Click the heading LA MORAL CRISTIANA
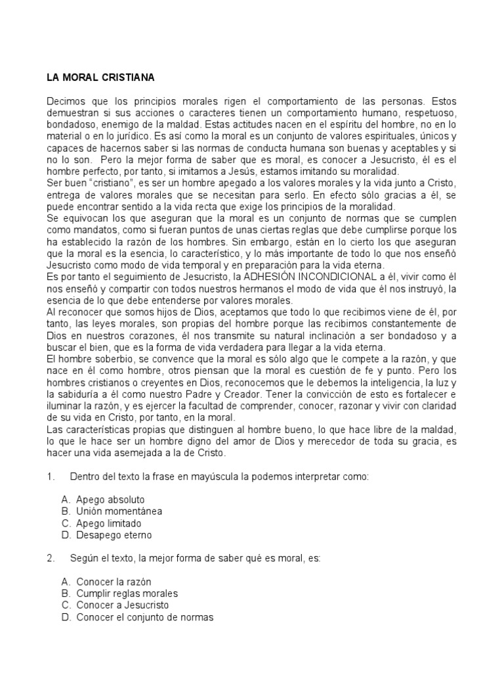point(100,78)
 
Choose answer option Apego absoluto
point(110,499)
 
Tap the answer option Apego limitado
point(108,523)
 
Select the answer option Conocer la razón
point(114,582)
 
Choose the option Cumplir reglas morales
point(127,593)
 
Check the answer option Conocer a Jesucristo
point(122,605)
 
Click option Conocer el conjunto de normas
point(144,617)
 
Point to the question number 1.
point(50,476)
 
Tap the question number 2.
point(50,558)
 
